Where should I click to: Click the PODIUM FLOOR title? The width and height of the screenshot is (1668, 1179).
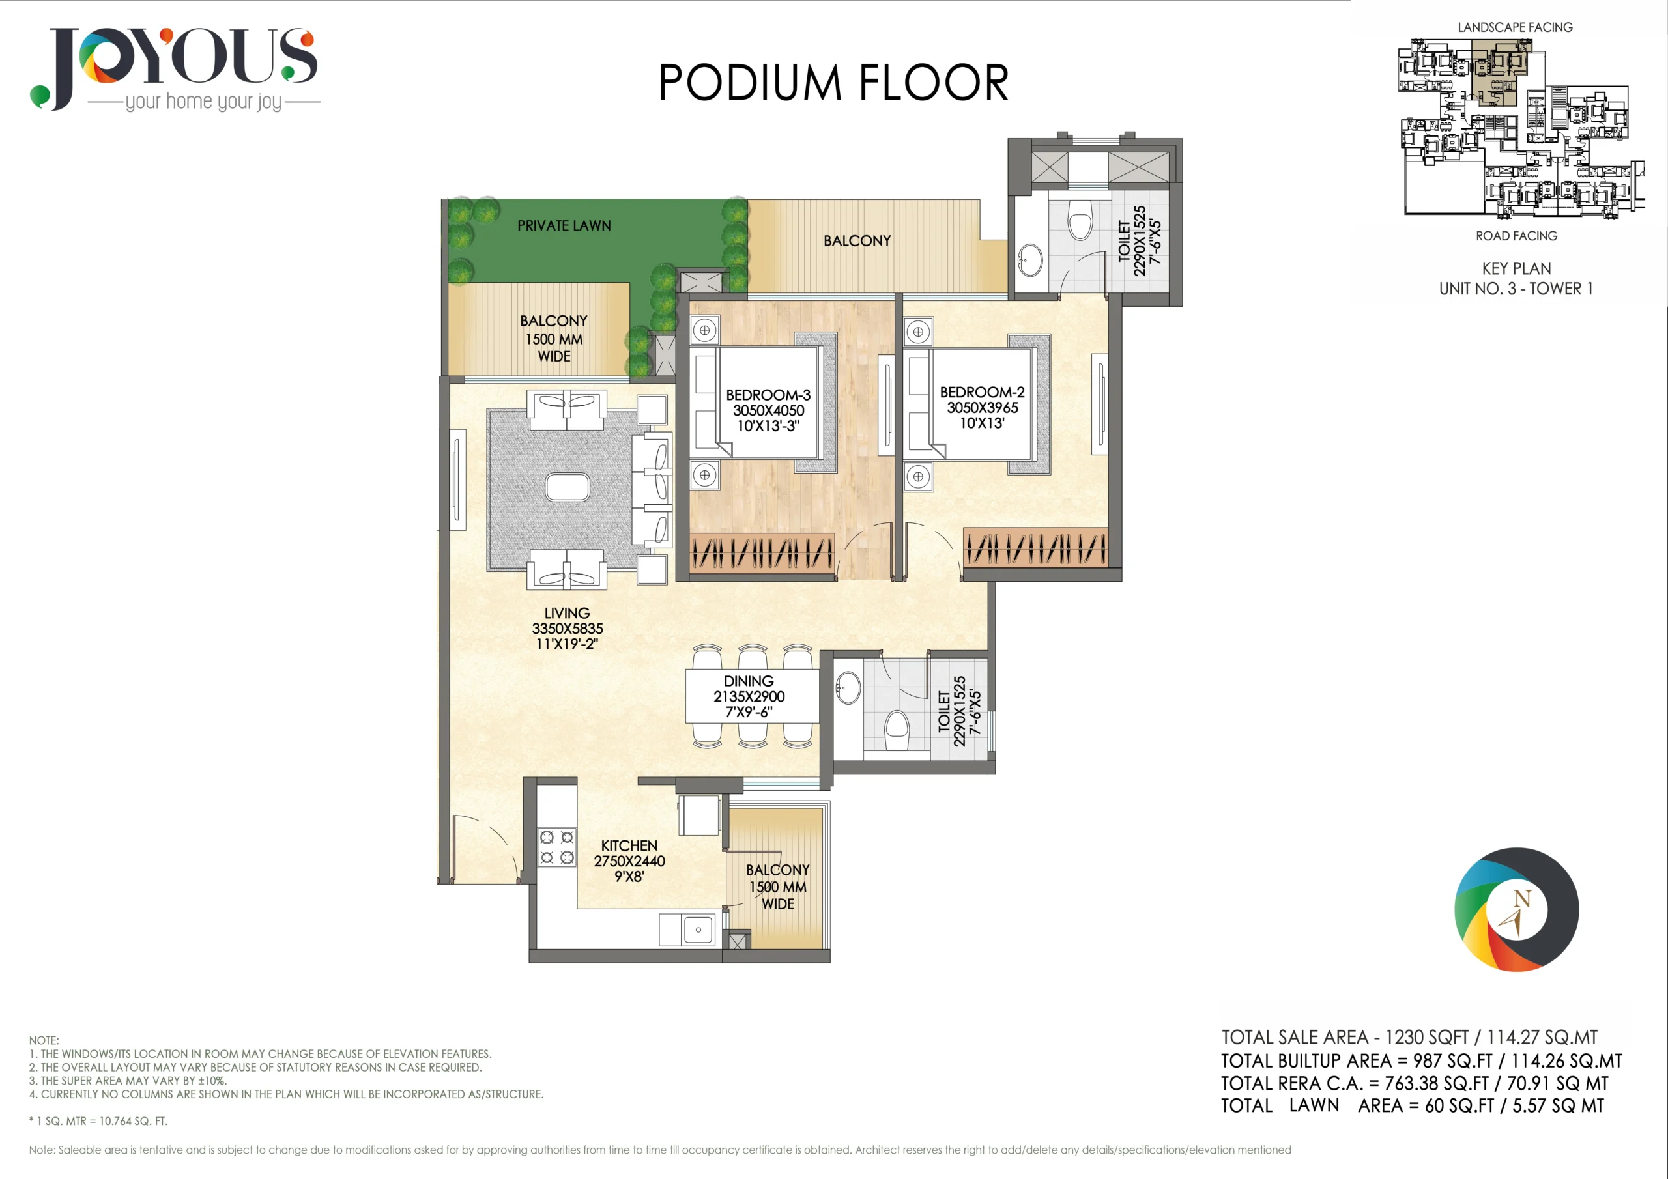click(x=833, y=82)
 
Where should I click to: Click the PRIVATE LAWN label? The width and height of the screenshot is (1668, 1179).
click(x=564, y=226)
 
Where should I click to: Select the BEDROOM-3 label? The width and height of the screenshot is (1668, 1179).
click(x=769, y=395)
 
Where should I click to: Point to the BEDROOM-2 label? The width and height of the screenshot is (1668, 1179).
click(x=982, y=392)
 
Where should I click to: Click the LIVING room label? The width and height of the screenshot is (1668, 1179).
click(x=567, y=613)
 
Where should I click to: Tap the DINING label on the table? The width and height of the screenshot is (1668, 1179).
click(x=749, y=681)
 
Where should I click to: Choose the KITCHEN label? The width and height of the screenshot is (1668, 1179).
click(x=629, y=845)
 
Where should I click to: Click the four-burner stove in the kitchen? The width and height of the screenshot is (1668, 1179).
click(x=556, y=847)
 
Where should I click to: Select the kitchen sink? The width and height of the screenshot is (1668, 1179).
click(x=698, y=930)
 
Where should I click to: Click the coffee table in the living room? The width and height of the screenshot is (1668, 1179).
click(x=568, y=487)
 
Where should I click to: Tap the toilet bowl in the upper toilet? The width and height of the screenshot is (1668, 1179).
click(x=1080, y=220)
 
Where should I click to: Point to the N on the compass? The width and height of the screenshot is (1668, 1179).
click(x=1522, y=899)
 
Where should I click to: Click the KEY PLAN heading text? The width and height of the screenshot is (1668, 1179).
click(x=1516, y=268)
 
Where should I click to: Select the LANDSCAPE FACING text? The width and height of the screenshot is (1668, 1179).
click(x=1516, y=27)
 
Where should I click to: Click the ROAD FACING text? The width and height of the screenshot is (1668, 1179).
click(x=1516, y=236)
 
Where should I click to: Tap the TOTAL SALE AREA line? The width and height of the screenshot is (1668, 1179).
click(x=1409, y=1038)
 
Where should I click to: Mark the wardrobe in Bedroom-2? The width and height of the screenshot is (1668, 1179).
click(x=1035, y=548)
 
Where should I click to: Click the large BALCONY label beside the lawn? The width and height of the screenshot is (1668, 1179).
click(x=857, y=240)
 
